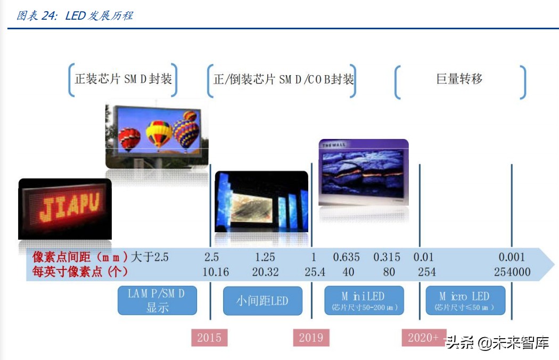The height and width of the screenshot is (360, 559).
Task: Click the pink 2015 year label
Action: pyautogui.click(x=209, y=338)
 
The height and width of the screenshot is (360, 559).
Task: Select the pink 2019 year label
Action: pyautogui.click(x=311, y=338)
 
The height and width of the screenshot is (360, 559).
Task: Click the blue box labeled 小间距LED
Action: pyautogui.click(x=262, y=301)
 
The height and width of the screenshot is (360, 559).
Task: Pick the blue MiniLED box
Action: pyautogui.click(x=364, y=301)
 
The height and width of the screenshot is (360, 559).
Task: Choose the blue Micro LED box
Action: pyautogui.click(x=465, y=301)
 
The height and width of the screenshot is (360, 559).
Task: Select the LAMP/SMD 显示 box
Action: pyautogui.click(x=157, y=301)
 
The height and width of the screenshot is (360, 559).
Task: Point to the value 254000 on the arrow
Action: pyautogui.click(x=512, y=272)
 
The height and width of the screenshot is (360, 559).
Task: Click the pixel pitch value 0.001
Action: pyautogui.click(x=512, y=257)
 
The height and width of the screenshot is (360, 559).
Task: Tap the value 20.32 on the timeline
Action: pyautogui.click(x=265, y=272)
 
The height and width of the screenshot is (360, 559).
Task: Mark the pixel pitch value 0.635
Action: pyautogui.click(x=347, y=257)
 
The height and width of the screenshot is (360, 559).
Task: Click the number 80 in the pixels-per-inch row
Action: pyautogui.click(x=389, y=272)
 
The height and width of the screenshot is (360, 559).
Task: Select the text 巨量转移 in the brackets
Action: pyautogui.click(x=459, y=79)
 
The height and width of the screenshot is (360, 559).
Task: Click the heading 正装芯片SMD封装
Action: pyautogui.click(x=123, y=80)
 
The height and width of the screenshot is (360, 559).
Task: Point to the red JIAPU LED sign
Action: pyautogui.click(x=65, y=208)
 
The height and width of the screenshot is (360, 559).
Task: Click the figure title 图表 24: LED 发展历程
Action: pyautogui.click(x=75, y=15)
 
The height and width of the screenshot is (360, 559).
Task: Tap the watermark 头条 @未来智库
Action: pyautogui.click(x=498, y=342)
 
